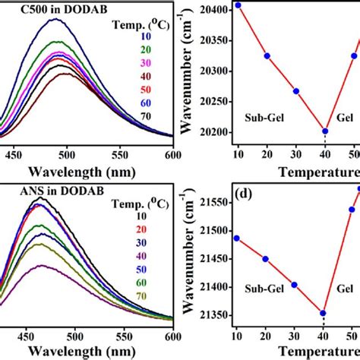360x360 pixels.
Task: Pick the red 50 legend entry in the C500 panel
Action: (143, 90)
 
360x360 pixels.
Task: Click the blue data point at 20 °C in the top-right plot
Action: (267, 55)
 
